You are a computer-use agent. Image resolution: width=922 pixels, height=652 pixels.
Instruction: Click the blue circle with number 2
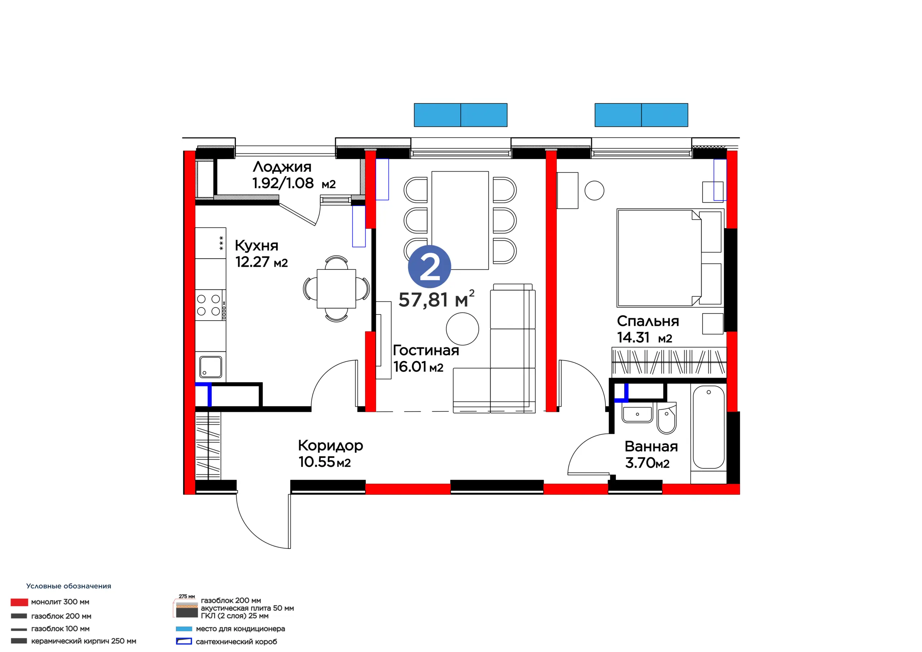[x=429, y=266]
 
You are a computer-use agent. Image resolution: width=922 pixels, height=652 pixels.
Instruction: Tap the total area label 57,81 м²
[x=437, y=299]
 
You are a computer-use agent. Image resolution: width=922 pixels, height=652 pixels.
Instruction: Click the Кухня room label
[x=256, y=245]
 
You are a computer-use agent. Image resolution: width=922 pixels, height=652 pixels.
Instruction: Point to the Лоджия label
[x=282, y=167]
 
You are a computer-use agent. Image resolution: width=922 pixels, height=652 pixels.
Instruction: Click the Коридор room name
[x=331, y=446]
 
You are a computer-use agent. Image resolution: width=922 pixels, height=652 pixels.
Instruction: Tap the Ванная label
[x=652, y=446]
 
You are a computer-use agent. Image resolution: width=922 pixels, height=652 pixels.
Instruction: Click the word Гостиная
[x=426, y=350]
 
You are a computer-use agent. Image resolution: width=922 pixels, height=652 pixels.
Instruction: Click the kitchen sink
[x=210, y=367]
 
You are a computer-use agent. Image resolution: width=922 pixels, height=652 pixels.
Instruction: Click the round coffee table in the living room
[x=462, y=329]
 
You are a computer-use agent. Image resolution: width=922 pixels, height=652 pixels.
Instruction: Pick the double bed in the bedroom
[x=670, y=258]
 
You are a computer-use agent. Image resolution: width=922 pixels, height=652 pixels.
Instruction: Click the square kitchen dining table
[x=336, y=289]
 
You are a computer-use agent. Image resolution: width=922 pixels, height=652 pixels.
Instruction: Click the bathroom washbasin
[x=637, y=414]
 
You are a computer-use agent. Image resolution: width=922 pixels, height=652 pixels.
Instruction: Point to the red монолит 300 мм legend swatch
[x=19, y=602]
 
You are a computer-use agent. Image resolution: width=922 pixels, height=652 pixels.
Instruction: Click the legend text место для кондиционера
[x=240, y=629]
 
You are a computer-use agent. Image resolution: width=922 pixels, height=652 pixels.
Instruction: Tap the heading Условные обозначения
[x=69, y=586]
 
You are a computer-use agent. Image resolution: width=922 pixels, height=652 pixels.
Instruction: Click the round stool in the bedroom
[x=594, y=191]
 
